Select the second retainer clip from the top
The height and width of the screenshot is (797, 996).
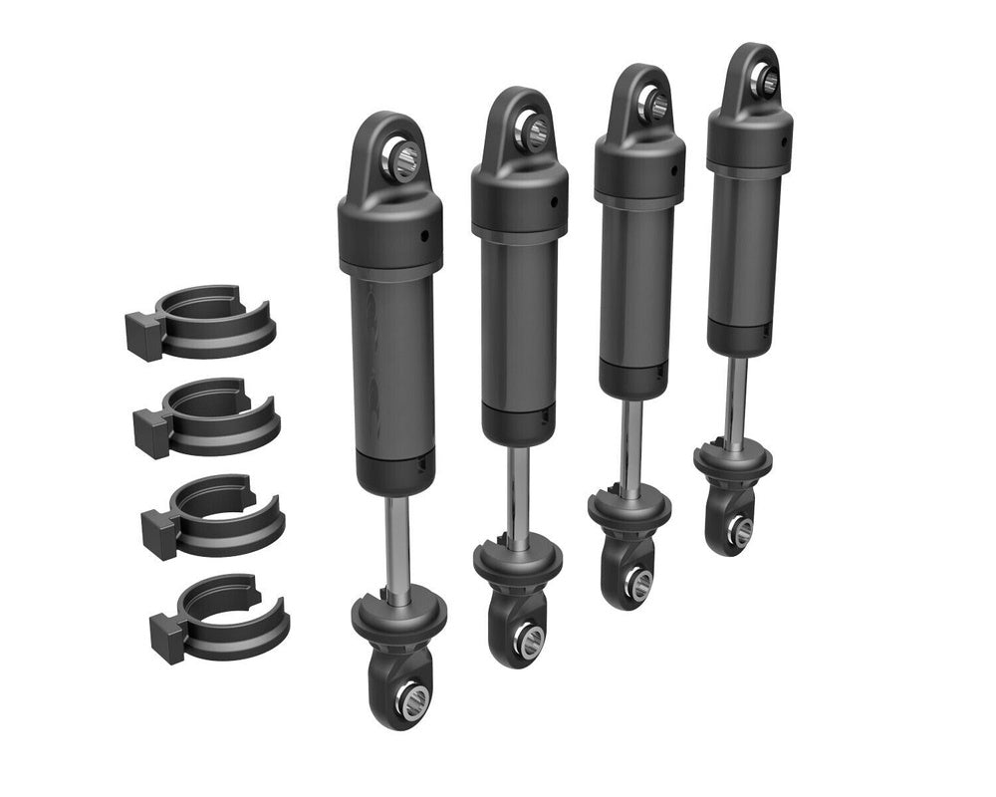pos(209,413)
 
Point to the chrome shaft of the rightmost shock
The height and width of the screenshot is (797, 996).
pos(738,399)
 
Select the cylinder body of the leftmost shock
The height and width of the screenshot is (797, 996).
pos(392,369)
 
